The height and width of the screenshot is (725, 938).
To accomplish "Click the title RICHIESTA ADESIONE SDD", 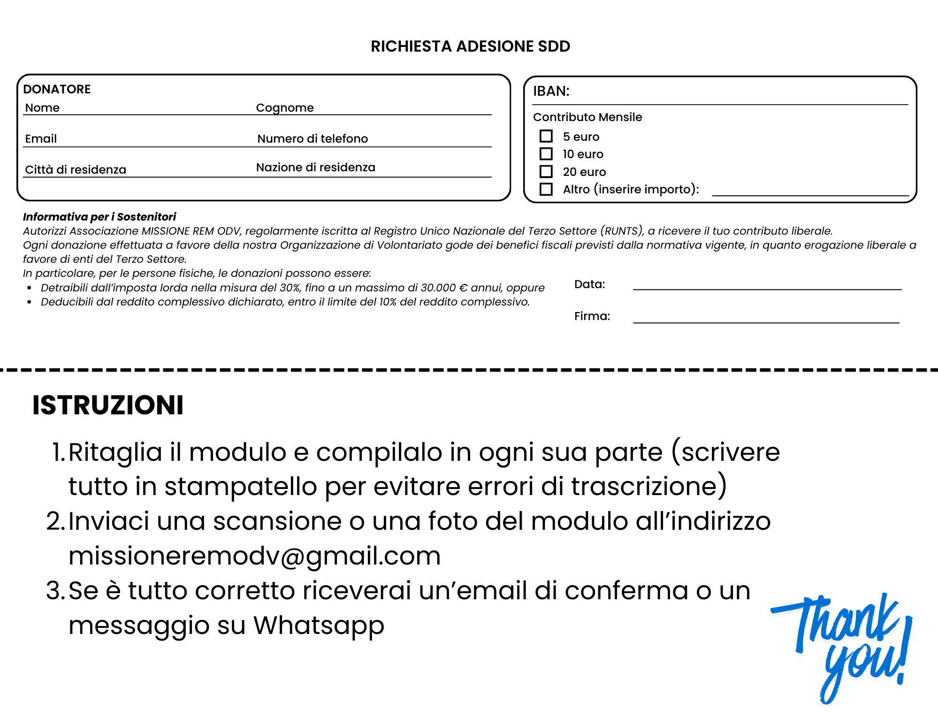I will click(x=470, y=46).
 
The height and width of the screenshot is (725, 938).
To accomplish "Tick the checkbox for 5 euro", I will click(x=546, y=136).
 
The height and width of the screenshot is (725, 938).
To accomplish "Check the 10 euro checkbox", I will click(x=546, y=154).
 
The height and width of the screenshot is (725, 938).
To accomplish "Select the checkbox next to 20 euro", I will click(x=546, y=171).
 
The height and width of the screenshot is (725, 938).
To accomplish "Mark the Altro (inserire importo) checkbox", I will click(x=546, y=189).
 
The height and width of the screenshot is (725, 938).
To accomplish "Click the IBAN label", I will click(x=551, y=91).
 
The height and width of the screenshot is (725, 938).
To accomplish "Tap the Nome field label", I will click(x=42, y=108).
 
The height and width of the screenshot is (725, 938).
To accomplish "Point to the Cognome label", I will click(x=284, y=108).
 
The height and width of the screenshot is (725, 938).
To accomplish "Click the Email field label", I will click(x=41, y=139).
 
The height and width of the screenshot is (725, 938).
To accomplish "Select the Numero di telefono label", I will click(x=313, y=139).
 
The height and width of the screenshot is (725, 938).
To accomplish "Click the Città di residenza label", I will click(x=76, y=170).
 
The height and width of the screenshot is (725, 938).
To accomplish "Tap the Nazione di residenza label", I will click(x=315, y=168).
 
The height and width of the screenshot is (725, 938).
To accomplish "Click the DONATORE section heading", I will click(x=57, y=89).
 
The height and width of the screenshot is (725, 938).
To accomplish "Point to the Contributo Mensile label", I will click(x=587, y=117).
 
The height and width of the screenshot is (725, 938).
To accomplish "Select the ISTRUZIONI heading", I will click(x=108, y=405).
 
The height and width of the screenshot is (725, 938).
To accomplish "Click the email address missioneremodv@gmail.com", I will click(x=254, y=556).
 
